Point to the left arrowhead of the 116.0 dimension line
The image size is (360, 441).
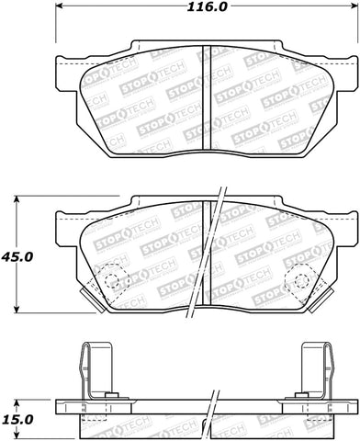61,11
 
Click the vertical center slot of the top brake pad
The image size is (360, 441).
207,92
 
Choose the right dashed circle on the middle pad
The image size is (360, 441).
300,279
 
